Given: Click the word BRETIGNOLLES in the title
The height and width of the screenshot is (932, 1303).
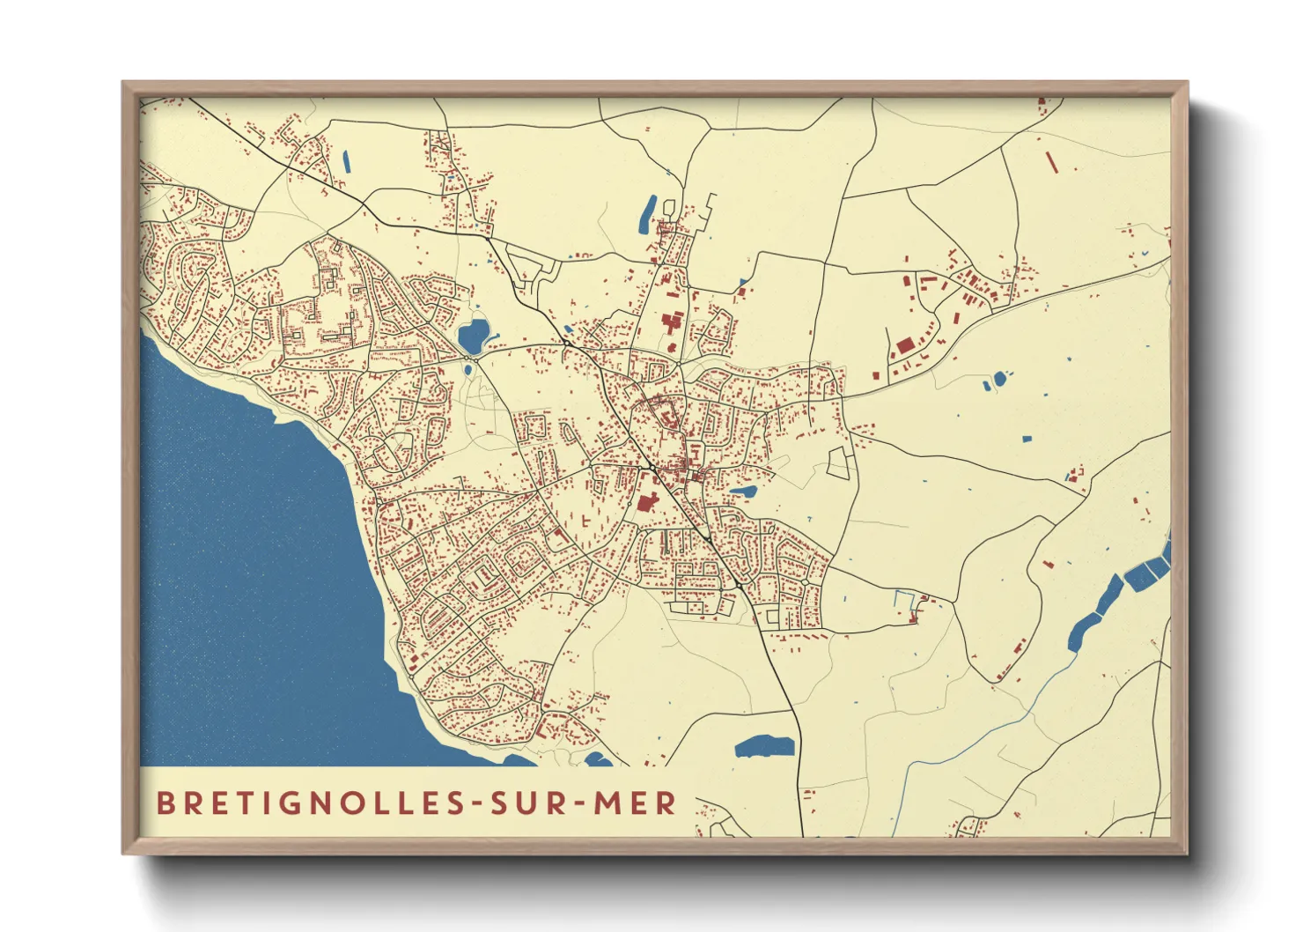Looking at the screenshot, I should pyautogui.click(x=303, y=803).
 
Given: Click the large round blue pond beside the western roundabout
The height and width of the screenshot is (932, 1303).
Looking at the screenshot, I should pyautogui.click(x=473, y=335).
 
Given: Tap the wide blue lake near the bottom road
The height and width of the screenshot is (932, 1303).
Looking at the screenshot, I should pyautogui.click(x=765, y=747).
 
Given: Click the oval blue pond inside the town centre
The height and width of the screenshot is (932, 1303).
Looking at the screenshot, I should pyautogui.click(x=744, y=492).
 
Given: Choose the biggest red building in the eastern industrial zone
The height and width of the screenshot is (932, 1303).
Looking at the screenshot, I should pyautogui.click(x=905, y=345).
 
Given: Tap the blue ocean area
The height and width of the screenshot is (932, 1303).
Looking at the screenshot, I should pyautogui.click(x=238, y=573).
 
